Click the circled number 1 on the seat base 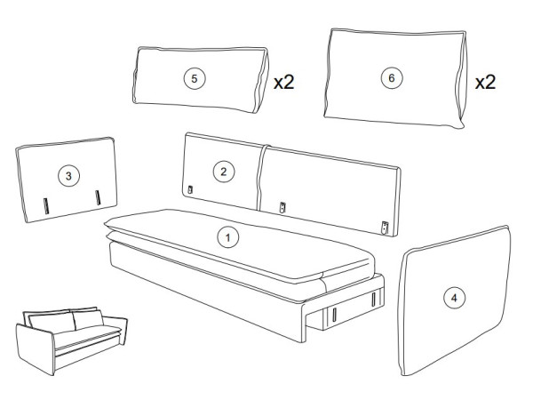(x=227, y=237)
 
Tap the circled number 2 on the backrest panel (x=223, y=172)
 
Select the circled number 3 (x=68, y=176)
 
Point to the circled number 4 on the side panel (x=454, y=298)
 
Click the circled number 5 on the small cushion (x=194, y=78)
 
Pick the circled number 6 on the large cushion (x=392, y=78)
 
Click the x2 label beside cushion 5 (x=284, y=82)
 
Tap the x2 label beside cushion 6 (x=485, y=82)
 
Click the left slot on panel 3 (x=46, y=206)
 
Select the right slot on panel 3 (x=98, y=197)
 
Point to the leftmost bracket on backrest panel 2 (x=190, y=189)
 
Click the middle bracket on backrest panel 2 (x=282, y=207)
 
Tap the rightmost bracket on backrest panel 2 (x=385, y=228)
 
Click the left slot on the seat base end (x=334, y=315)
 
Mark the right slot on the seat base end (x=373, y=299)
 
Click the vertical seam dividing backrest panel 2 (x=260, y=177)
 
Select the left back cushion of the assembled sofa (x=52, y=323)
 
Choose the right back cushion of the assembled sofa (x=88, y=319)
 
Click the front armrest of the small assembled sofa (x=35, y=349)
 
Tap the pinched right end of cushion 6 (x=461, y=80)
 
